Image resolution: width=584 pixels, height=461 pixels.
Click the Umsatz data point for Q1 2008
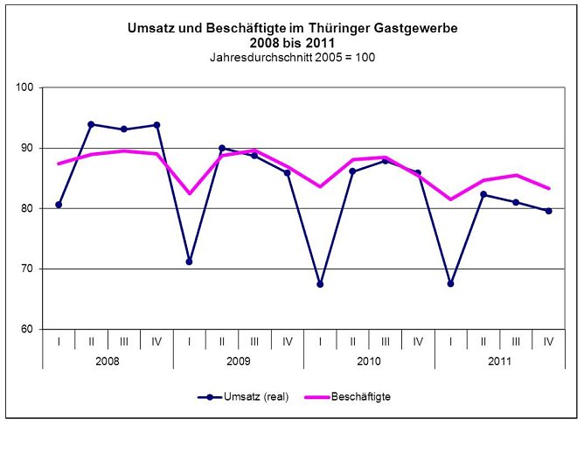tap(59, 205)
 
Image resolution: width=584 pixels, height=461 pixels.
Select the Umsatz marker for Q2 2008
tap(91, 124)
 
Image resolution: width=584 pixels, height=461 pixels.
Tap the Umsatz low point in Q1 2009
tap(189, 262)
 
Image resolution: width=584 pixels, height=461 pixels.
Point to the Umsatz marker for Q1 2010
tap(320, 284)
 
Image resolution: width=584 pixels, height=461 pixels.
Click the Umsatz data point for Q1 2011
tap(451, 283)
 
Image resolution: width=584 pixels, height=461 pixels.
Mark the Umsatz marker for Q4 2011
tap(549, 211)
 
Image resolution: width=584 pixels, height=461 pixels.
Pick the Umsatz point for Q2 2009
tap(222, 149)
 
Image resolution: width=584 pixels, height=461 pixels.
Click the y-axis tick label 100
tap(24, 87)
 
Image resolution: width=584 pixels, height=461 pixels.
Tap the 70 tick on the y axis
tap(27, 269)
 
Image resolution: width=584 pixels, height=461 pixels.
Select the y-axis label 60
tap(27, 329)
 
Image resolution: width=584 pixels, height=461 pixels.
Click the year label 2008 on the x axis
tap(108, 360)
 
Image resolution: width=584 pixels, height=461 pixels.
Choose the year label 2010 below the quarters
tap(369, 360)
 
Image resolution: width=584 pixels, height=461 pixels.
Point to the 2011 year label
tap(500, 360)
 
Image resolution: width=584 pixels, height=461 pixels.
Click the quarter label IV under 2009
tap(288, 340)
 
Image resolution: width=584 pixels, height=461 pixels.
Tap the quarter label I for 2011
tap(451, 340)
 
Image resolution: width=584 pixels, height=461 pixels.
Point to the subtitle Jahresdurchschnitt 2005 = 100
tap(292, 56)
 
